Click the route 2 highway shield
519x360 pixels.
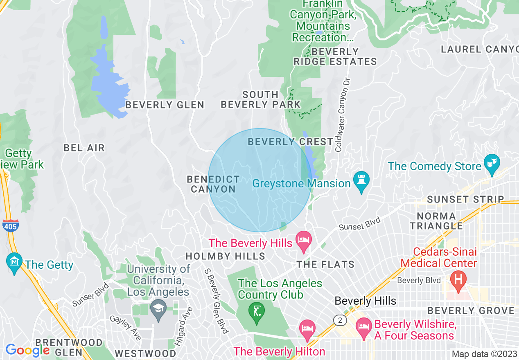340,320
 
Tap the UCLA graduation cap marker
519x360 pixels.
158,309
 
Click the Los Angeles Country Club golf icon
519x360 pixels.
257,313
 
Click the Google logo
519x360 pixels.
27,350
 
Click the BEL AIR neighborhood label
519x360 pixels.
84,148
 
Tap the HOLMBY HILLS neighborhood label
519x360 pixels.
225,256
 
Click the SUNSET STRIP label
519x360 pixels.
465,200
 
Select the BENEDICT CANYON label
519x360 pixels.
213,184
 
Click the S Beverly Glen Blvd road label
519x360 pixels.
217,301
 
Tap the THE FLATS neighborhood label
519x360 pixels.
326,265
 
